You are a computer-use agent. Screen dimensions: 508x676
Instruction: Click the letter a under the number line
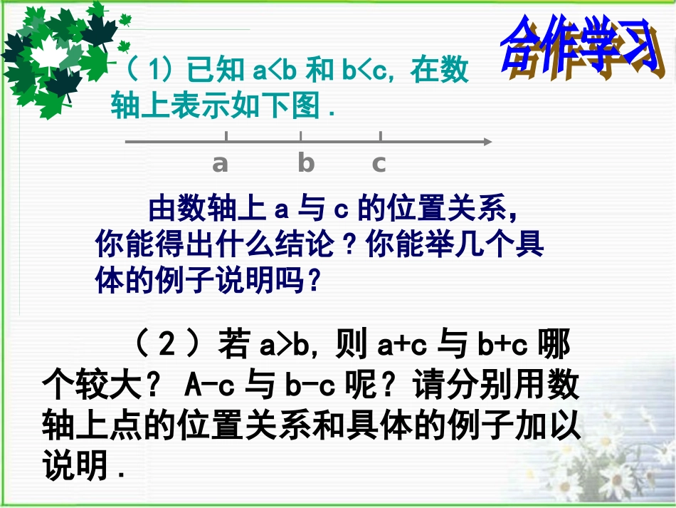pyautogui.click(x=221, y=164)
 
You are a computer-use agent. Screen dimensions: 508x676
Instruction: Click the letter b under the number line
pyautogui.click(x=306, y=164)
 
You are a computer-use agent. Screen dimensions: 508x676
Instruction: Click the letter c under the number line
pyautogui.click(x=379, y=164)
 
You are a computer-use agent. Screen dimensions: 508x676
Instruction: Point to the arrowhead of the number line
pyautogui.click(x=487, y=141)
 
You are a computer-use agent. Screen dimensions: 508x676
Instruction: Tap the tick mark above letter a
pyautogui.click(x=226, y=136)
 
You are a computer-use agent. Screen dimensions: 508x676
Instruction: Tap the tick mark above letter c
pyautogui.click(x=381, y=136)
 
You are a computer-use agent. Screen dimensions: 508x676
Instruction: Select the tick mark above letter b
pyautogui.click(x=301, y=136)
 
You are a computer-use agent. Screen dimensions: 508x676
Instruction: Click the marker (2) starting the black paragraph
pyautogui.click(x=165, y=347)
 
